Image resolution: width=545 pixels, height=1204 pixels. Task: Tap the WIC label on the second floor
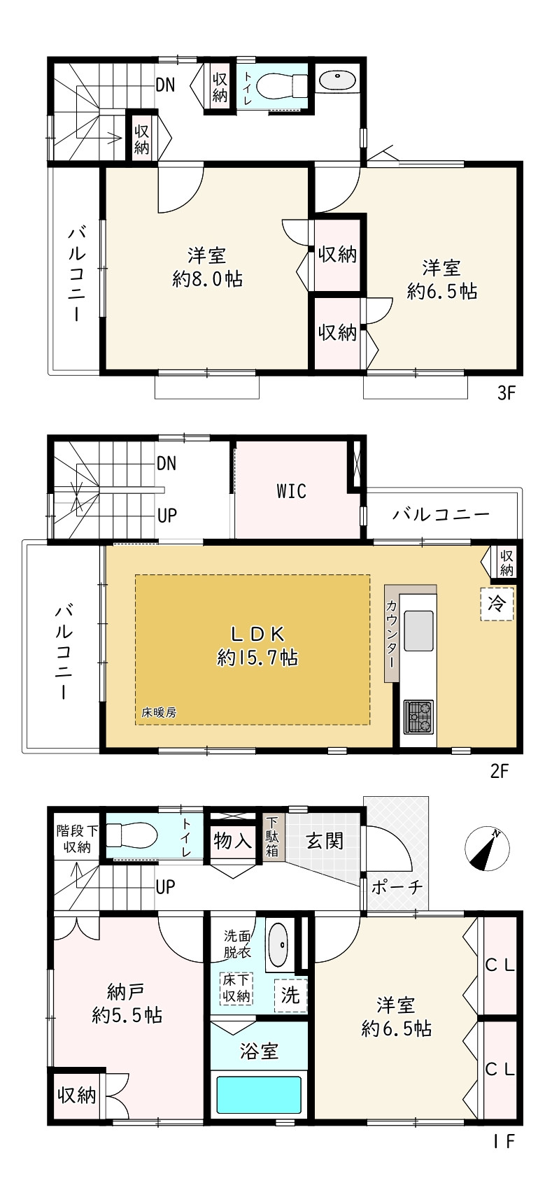click(291, 491)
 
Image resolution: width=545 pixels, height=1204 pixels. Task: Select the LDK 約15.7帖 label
click(257, 646)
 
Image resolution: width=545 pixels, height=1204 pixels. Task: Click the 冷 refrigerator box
click(497, 603)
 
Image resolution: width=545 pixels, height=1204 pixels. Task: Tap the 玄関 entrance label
click(325, 840)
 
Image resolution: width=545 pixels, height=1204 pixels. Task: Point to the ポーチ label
click(397, 887)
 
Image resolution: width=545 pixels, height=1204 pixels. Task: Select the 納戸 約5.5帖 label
click(127, 1003)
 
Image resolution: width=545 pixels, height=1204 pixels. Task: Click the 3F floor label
click(506, 393)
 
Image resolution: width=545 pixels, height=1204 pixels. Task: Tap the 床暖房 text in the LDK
click(159, 713)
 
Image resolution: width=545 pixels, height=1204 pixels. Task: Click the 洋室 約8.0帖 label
click(207, 267)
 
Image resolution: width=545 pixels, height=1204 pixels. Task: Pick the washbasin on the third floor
click(338, 79)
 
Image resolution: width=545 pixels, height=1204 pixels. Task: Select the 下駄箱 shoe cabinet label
click(271, 836)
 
